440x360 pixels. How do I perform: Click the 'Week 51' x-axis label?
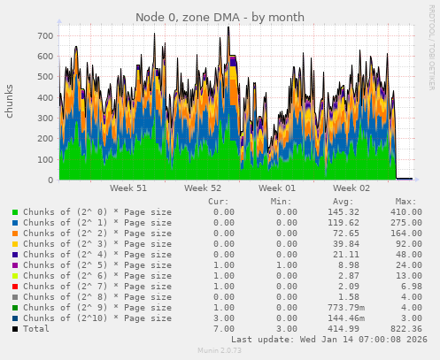pos(128,188)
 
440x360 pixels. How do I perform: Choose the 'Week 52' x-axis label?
pos(203,188)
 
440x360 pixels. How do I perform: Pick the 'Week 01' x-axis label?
pos(277,188)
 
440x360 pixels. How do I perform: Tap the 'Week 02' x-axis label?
pos(351,188)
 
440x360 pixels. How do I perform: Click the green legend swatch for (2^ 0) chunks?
pos(15,212)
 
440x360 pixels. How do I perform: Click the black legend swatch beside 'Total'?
pos(15,329)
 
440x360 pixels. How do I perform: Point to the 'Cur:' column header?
pos(219,202)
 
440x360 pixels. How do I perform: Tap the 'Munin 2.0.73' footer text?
pos(220,351)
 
